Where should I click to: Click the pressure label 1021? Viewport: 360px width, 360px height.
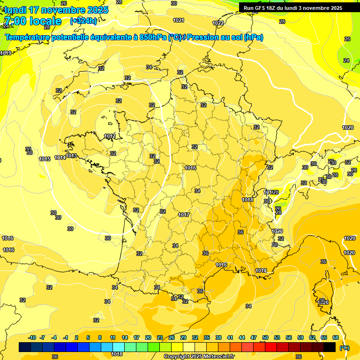click(178, 20)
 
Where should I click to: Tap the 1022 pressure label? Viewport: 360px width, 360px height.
click(218, 23)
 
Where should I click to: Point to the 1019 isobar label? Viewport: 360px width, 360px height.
click(6, 53)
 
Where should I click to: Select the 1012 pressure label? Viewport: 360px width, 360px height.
click(110, 136)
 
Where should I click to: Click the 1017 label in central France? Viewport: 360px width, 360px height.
click(184, 215)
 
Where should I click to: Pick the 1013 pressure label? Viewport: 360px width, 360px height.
click(71, 156)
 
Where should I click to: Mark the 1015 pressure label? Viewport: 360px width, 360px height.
click(45, 159)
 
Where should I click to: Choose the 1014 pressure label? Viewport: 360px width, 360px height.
click(60, 157)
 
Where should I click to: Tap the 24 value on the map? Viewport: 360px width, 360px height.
click(346, 60)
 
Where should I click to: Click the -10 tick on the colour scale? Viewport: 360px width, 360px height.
click(32, 337)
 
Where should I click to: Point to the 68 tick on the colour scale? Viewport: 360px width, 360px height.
click(336, 337)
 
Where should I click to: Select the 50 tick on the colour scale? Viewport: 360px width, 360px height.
click(265, 337)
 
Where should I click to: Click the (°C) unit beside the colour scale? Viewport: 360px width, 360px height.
click(345, 347)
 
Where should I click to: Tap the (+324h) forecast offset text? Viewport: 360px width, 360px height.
click(83, 21)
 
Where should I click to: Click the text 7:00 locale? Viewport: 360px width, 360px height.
click(33, 21)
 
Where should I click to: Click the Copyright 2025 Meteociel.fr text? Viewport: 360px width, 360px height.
click(199, 356)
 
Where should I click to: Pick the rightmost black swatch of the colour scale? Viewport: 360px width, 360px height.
click(330, 347)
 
